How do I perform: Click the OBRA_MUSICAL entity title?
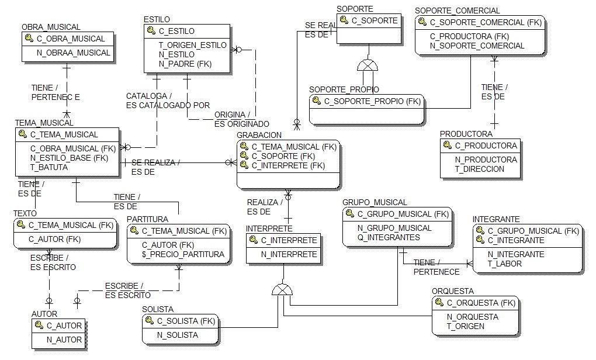click(51, 27)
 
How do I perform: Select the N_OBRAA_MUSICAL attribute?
click(74, 53)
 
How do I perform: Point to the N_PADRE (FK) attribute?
click(185, 64)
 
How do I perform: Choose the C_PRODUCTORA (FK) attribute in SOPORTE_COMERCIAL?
click(469, 36)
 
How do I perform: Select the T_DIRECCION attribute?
click(479, 169)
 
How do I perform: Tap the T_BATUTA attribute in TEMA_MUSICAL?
click(49, 167)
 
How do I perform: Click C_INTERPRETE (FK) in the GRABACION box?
click(288, 166)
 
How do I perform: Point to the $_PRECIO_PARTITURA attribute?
click(183, 254)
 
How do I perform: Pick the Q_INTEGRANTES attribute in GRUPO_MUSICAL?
click(389, 237)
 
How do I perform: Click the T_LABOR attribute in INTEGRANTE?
click(505, 264)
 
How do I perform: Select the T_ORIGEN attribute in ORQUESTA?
click(465, 326)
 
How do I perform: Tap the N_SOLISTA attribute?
click(177, 335)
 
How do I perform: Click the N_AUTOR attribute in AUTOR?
click(64, 340)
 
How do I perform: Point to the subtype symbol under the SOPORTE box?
click(368, 65)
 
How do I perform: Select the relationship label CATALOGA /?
click(149, 96)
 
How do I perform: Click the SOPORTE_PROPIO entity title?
click(344, 89)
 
